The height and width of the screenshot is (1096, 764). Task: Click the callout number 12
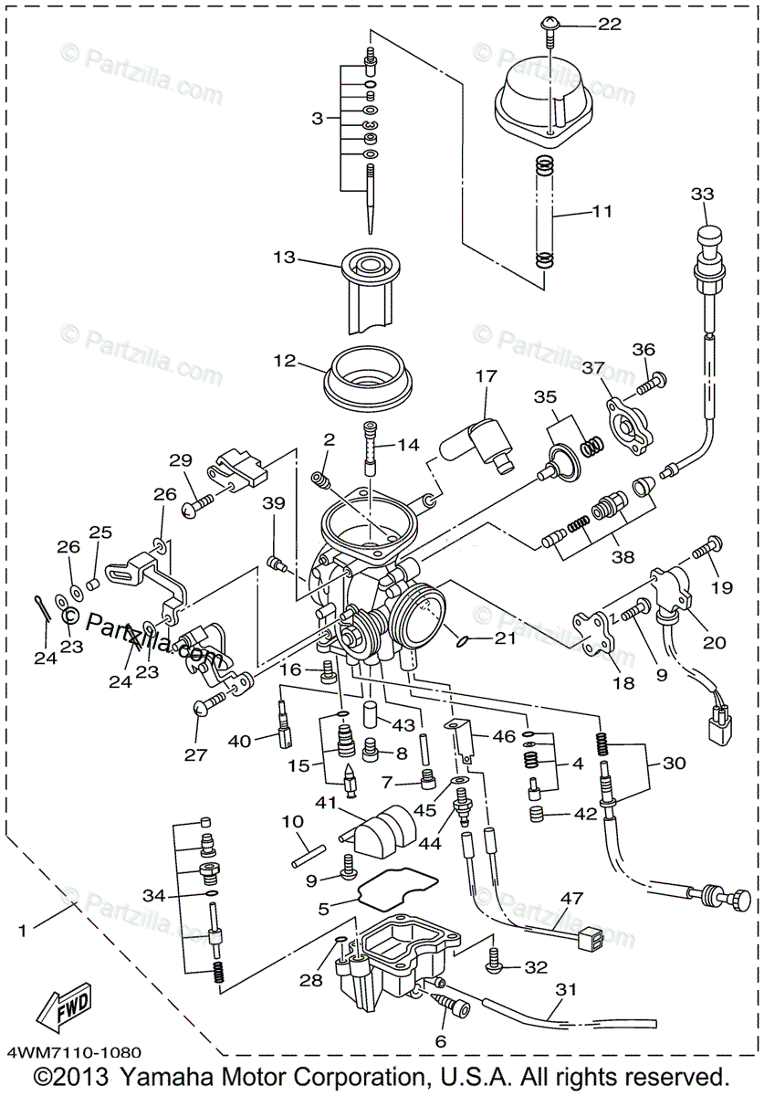pos(284,361)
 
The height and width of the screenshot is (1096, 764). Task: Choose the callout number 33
pos(702,195)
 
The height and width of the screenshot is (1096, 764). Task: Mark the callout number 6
pos(440,1041)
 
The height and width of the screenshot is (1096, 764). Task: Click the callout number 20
pos(714,642)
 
